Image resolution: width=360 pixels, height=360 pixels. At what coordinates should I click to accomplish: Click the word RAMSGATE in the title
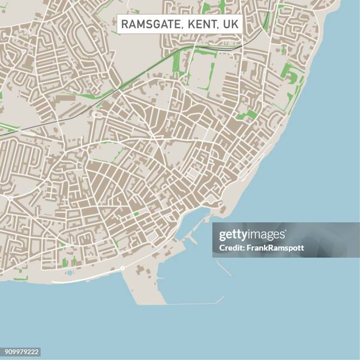coord(147,24)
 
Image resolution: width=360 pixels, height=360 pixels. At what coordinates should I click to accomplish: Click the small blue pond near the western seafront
coord(70,272)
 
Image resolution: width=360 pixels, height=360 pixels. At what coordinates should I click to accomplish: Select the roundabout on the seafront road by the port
coord(122,268)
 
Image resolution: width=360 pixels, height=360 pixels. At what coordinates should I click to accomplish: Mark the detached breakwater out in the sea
coord(224,268)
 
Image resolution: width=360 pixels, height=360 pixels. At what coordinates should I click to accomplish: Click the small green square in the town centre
coord(136,214)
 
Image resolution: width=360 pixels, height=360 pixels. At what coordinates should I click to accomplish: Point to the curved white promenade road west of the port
coord(82,279)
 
